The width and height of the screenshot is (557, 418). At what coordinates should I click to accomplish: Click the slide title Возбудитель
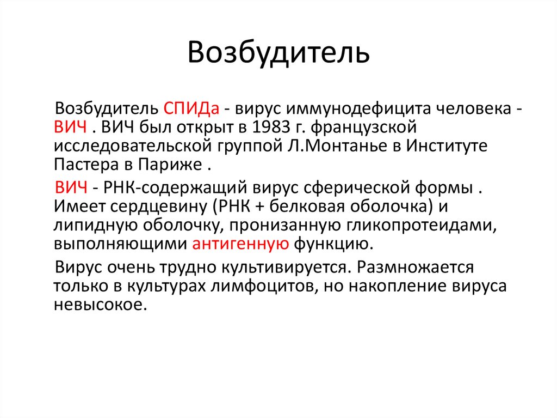(278, 53)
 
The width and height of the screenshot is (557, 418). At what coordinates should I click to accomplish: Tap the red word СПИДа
(191, 107)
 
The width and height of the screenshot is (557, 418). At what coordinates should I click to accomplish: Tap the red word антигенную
(240, 245)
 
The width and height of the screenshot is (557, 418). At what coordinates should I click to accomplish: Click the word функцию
(333, 245)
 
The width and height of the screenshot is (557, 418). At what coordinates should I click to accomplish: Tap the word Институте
(444, 146)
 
